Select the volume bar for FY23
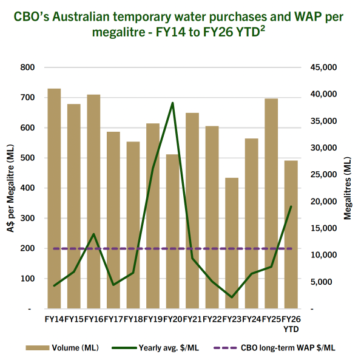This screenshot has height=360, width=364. point(232,243)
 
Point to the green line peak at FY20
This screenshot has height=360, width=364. point(173,103)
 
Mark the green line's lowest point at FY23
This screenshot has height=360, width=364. point(232,297)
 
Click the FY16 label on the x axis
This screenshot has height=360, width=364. point(93,319)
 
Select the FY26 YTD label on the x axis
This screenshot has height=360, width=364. point(291,323)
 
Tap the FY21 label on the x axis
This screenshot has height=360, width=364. point(192,319)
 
